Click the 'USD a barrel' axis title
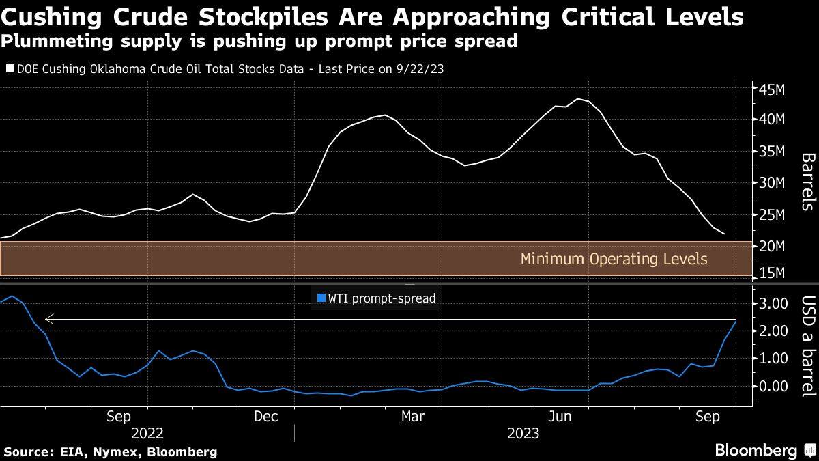[807, 346]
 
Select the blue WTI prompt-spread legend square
[321, 298]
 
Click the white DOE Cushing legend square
[10, 69]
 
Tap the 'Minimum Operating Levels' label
[614, 260]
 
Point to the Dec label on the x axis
[265, 415]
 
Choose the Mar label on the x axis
[412, 415]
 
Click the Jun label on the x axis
[560, 415]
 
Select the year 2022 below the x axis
[147, 434]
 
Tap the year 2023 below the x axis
[523, 434]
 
